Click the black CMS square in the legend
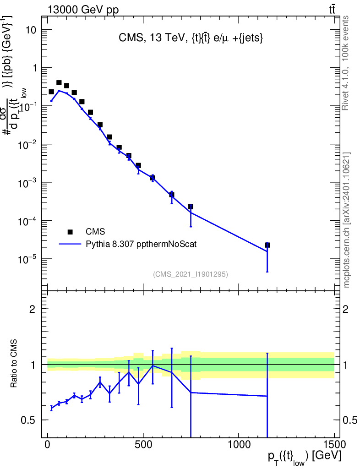click(70, 232)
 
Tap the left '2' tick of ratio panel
click(33, 309)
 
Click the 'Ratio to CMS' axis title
click(14, 364)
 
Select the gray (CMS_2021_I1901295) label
click(190, 274)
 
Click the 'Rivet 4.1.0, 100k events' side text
click(346, 63)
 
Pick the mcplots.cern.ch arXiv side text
click(347, 220)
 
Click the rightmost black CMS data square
click(267, 245)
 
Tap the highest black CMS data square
click(59, 83)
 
